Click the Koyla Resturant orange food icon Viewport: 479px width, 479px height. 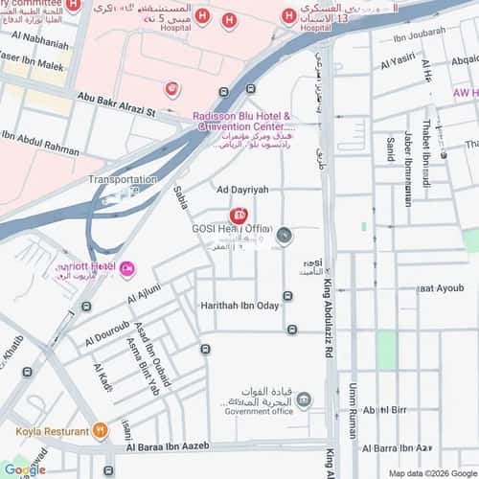click(101, 430)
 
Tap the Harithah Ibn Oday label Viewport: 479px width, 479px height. click(239, 305)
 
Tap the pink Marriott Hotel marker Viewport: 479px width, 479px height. click(128, 266)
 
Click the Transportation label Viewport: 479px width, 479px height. click(123, 180)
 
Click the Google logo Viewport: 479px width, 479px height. click(24, 469)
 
